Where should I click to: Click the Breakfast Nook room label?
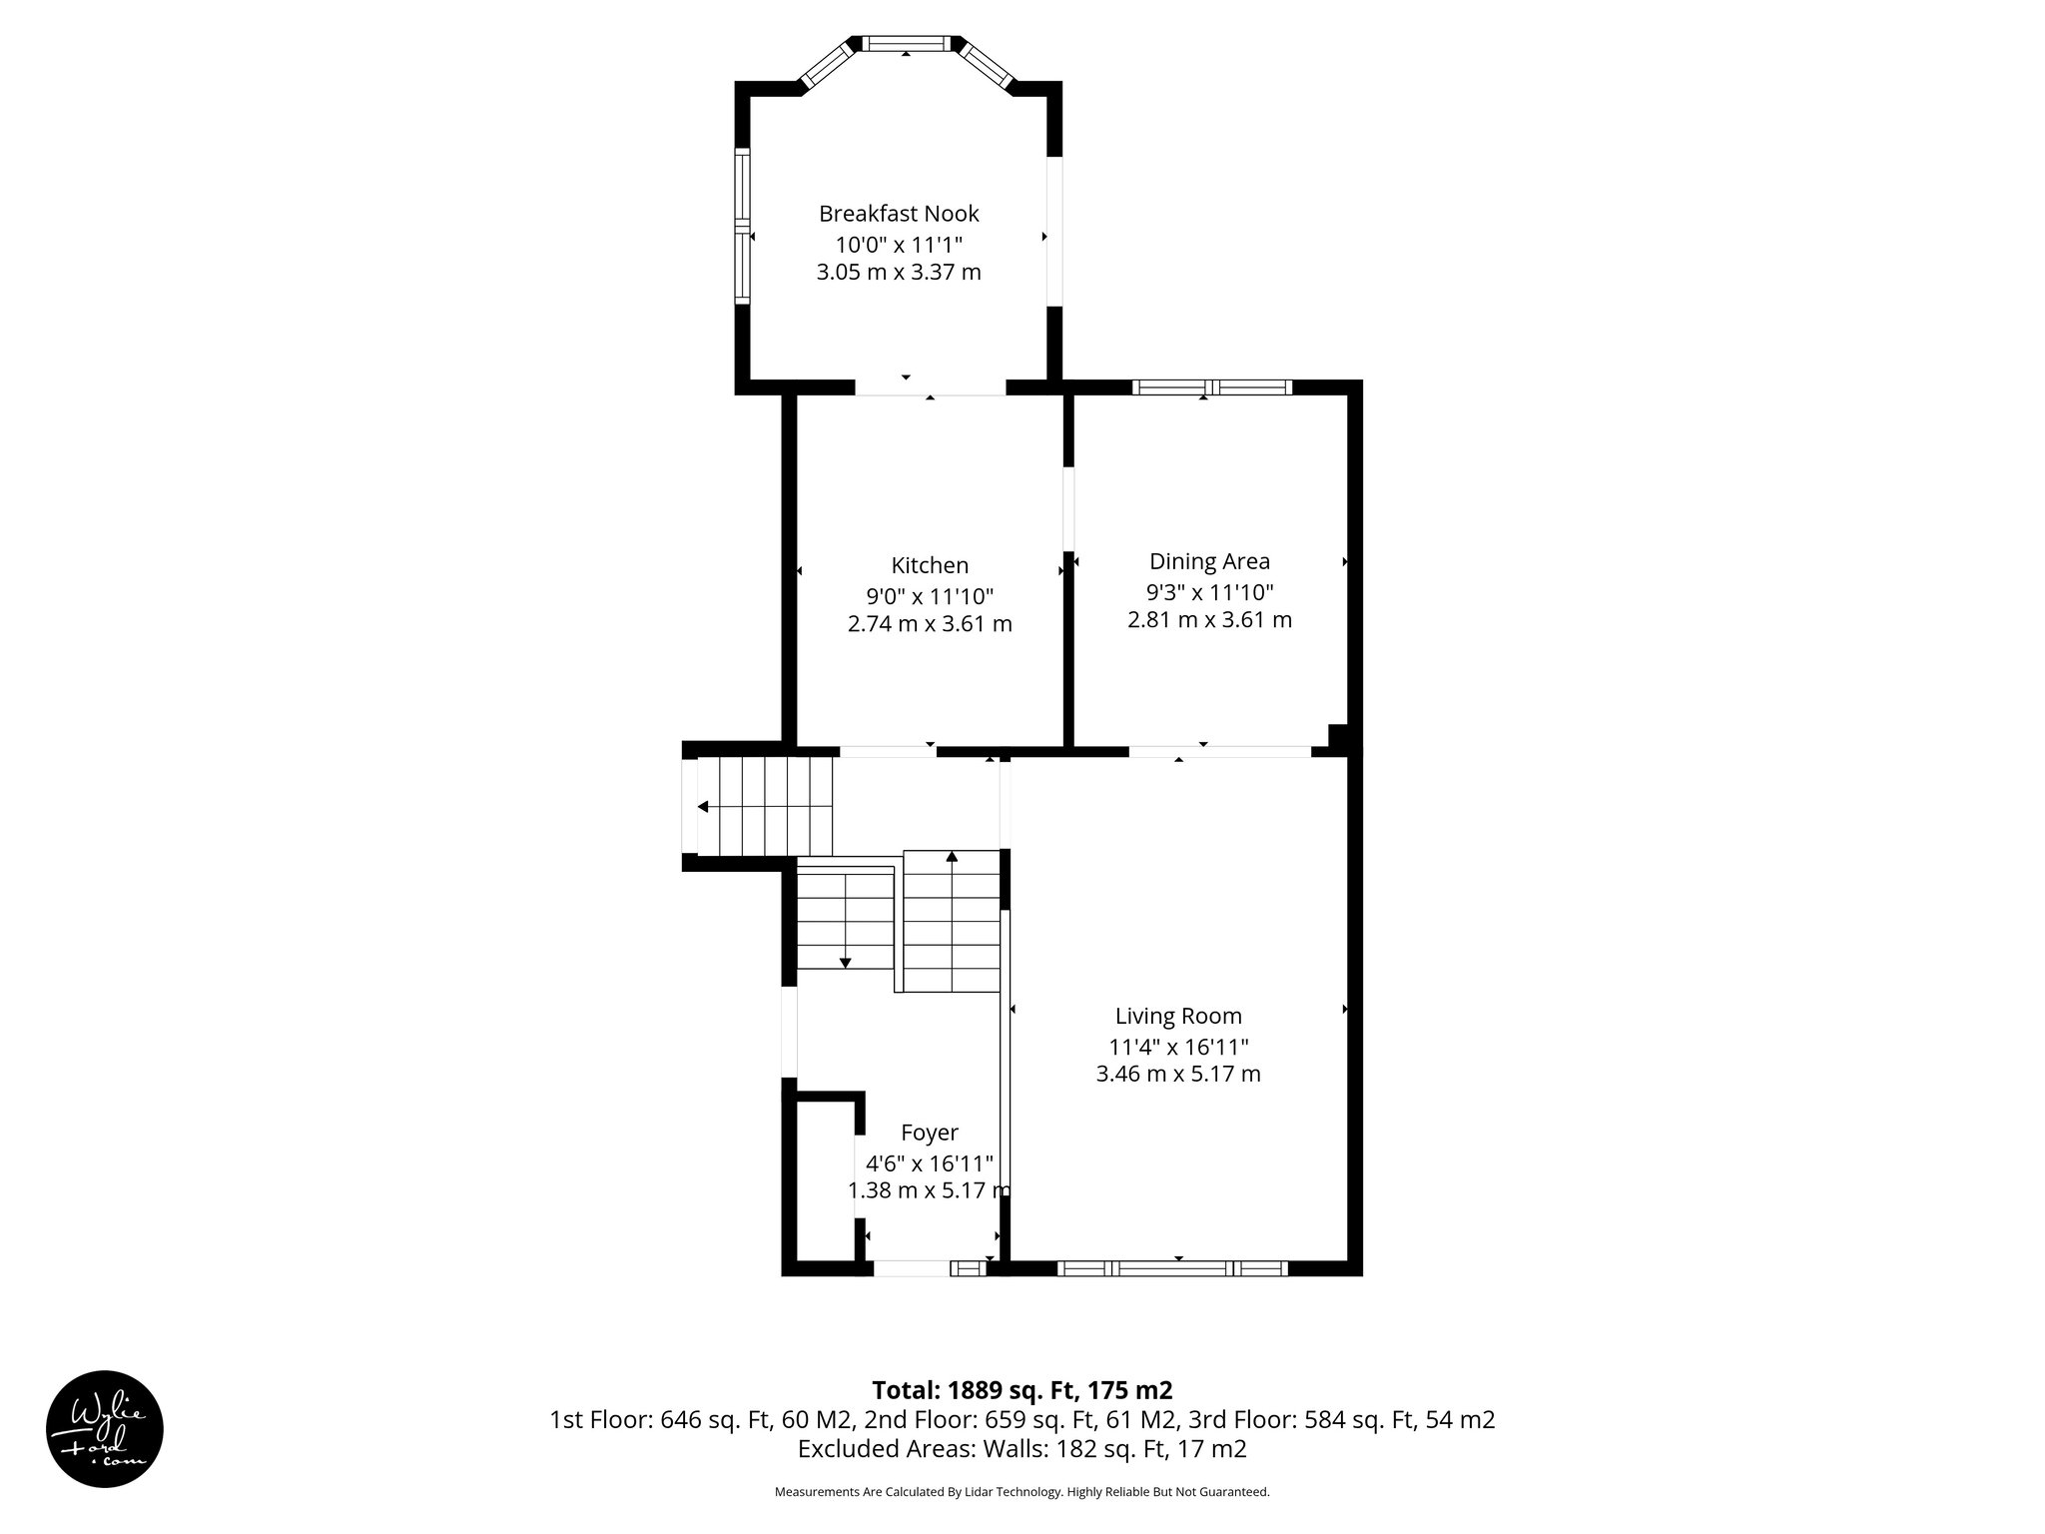[899, 214]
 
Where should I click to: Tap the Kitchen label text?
[930, 565]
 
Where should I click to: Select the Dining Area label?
[1209, 561]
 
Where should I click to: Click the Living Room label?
[1178, 1016]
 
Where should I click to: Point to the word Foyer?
[929, 1133]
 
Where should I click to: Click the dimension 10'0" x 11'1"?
[899, 244]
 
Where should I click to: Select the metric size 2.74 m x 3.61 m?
[930, 624]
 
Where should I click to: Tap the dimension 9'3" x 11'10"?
[1209, 591]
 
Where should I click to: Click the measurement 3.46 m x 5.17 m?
[1178, 1074]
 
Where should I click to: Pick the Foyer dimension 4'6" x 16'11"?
[929, 1162]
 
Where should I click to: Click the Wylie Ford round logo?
[105, 1428]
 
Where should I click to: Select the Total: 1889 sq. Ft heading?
[1022, 1390]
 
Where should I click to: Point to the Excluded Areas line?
[1022, 1449]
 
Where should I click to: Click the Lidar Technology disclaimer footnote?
[1022, 1492]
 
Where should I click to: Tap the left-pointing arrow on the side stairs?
[703, 807]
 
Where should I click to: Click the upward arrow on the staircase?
[952, 856]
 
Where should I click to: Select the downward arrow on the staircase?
[846, 963]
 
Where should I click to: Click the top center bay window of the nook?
[905, 43]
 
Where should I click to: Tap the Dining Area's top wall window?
[1212, 387]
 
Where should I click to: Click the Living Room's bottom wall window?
[1172, 1268]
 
